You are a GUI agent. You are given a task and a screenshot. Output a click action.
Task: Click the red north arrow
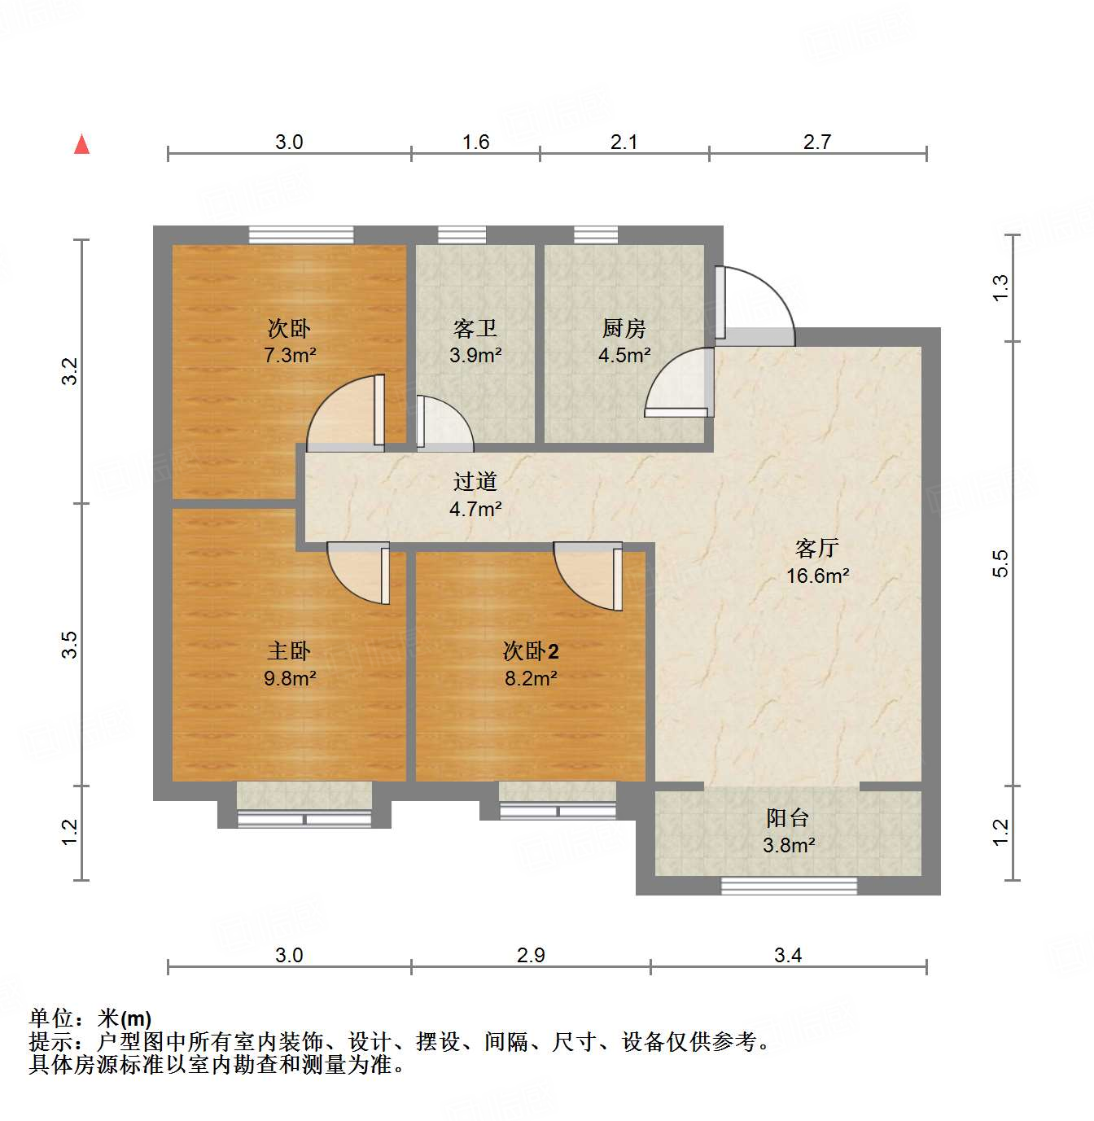point(81,144)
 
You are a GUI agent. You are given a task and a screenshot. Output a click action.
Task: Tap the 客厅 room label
point(816,548)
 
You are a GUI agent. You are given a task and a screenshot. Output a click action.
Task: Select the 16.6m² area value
point(817,576)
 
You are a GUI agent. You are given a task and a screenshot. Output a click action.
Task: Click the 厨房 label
point(624,328)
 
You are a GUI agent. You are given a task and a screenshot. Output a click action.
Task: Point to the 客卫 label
point(475,328)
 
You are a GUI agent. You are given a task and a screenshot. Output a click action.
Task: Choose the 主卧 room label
point(289,650)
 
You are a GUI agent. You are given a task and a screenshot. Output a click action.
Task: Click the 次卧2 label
point(531,650)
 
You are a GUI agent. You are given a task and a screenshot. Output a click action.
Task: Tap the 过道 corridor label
point(475,481)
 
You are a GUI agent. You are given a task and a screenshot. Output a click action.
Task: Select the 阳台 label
point(788,817)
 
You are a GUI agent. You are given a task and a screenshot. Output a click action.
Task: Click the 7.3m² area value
point(289,355)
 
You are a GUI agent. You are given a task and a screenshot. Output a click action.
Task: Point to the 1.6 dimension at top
point(475,142)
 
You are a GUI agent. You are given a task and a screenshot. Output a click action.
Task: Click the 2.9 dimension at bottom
point(531,955)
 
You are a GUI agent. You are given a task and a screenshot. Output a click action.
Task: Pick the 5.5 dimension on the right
point(1000,563)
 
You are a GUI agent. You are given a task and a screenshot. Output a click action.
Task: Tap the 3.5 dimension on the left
point(71,645)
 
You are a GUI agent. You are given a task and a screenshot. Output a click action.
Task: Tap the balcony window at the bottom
point(789,886)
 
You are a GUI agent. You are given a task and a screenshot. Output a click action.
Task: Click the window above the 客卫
point(462,234)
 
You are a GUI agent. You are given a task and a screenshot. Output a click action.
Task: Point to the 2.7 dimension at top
point(817,142)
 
